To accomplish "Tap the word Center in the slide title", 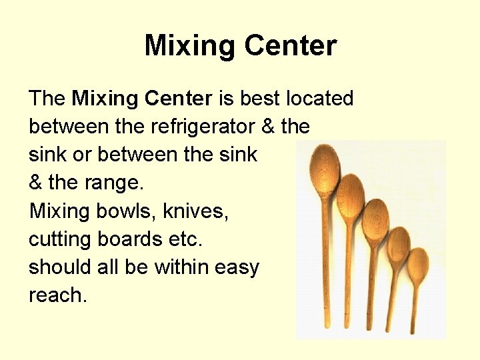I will (291, 46).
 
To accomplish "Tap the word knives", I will (197, 211).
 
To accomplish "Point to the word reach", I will (57, 295).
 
